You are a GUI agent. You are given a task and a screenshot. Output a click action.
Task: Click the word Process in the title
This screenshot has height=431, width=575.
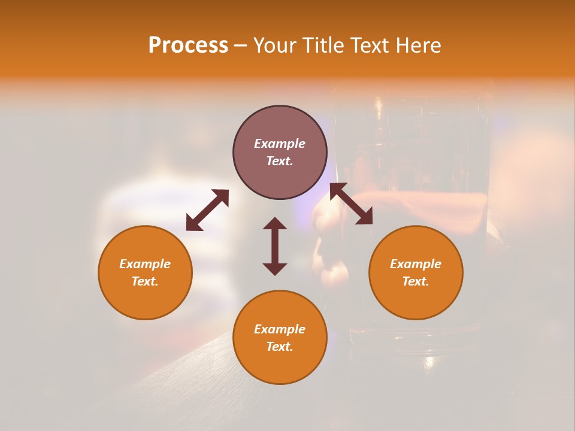[x=188, y=45]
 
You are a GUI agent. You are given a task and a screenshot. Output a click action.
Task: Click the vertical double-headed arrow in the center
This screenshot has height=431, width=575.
[x=275, y=246]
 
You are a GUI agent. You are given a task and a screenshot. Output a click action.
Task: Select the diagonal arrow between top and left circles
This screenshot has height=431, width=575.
[x=207, y=210]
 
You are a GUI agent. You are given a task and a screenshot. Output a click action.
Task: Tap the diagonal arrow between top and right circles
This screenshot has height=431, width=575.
[x=352, y=204]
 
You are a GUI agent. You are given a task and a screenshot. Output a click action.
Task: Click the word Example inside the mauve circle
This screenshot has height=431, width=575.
[x=280, y=144]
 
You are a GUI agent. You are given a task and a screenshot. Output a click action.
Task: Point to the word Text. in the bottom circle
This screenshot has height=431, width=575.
[x=280, y=347]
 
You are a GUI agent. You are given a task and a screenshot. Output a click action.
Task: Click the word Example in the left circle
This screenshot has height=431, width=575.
[x=145, y=264]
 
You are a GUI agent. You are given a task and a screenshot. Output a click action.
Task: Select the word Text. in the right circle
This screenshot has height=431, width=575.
[x=416, y=281]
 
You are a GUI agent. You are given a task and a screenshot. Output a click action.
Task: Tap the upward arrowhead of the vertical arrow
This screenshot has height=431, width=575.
[x=275, y=223]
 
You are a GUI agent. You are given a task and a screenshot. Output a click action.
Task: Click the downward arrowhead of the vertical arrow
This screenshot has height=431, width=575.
[x=275, y=269]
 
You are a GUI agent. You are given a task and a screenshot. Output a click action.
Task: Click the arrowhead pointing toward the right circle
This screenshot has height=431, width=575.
[x=365, y=217]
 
